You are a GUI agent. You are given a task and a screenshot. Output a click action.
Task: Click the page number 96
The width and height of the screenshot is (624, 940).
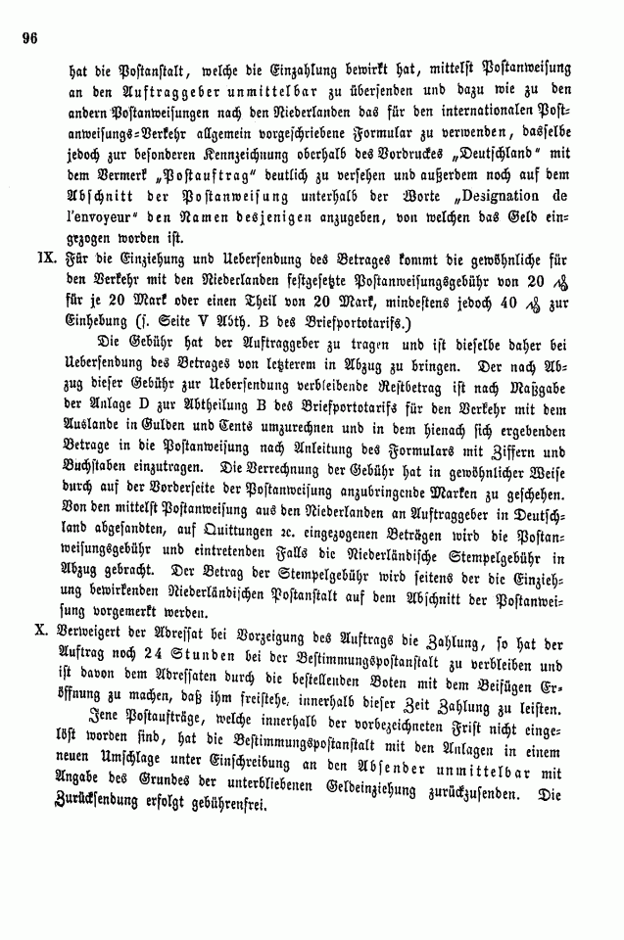coord(26,40)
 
